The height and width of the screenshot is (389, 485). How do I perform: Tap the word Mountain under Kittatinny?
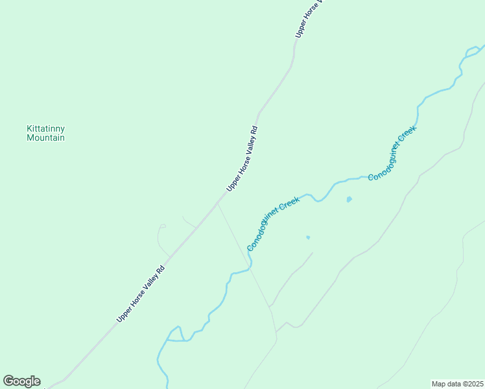[45, 138]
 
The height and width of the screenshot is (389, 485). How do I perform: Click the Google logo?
[21, 381]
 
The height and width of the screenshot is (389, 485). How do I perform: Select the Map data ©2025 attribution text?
[458, 384]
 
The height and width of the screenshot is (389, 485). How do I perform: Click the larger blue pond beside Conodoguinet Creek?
[349, 199]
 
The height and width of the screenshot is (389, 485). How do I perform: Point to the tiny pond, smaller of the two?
[308, 237]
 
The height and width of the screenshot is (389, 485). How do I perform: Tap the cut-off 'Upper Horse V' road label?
[308, 19]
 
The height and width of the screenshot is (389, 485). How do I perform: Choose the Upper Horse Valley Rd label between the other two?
[242, 158]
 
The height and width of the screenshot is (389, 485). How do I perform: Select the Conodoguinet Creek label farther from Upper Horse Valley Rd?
[392, 153]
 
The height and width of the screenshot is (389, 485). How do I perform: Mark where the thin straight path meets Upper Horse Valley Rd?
[217, 204]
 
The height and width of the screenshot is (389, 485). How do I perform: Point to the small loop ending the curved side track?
[163, 226]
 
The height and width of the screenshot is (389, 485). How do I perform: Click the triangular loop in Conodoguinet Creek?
[175, 334]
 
